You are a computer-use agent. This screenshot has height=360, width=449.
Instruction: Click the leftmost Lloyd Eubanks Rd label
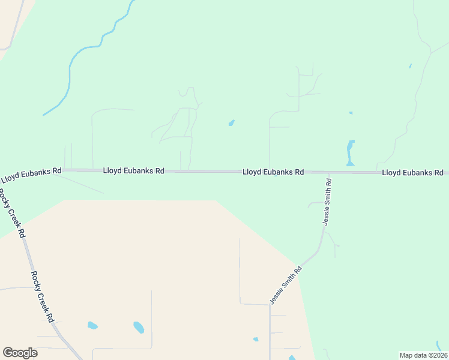click(31, 175)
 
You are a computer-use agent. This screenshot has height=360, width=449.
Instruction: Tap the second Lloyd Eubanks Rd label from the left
click(133, 171)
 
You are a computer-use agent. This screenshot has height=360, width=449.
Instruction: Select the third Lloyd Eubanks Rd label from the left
click(273, 172)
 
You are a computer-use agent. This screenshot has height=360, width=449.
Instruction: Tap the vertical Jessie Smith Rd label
click(327, 201)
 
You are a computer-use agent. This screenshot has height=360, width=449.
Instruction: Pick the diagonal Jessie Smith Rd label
click(285, 286)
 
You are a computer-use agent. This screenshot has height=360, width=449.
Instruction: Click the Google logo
click(20, 353)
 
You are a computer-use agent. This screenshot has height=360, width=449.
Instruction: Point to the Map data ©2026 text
click(423, 355)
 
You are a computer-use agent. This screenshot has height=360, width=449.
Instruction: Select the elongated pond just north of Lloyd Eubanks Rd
click(351, 152)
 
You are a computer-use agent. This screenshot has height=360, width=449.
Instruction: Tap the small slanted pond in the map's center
click(231, 124)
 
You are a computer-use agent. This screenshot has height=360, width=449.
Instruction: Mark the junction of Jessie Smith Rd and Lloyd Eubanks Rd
click(329, 173)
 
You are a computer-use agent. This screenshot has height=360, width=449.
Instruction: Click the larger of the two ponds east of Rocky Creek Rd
click(139, 328)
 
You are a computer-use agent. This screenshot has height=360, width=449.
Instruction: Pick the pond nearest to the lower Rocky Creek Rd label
click(92, 325)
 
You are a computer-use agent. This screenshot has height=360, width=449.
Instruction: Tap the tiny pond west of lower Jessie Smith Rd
click(256, 340)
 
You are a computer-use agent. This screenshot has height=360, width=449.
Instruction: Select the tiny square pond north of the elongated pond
click(351, 113)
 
